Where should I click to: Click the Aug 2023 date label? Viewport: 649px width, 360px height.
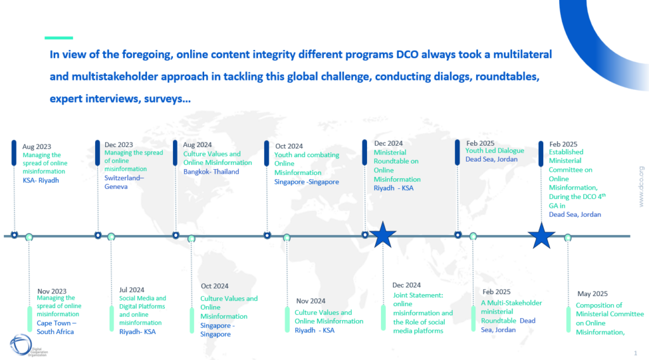[x=37, y=146]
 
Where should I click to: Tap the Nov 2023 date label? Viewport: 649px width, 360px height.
[x=52, y=292]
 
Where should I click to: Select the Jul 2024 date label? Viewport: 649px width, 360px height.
[x=132, y=290]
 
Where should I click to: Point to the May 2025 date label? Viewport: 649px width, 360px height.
[x=593, y=294]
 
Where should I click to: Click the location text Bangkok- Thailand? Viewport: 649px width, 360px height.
[x=211, y=172]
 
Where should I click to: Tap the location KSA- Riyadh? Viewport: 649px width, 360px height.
[x=41, y=181]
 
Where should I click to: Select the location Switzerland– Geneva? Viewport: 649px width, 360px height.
[x=124, y=182]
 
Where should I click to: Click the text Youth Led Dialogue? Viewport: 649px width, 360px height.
[x=494, y=151]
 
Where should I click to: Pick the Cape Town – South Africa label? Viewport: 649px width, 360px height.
[x=56, y=327]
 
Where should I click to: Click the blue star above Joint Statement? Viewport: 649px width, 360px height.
[x=382, y=235]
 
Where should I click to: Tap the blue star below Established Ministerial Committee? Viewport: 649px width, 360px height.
[x=541, y=236]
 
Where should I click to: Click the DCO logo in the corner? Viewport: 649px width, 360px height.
[x=21, y=344]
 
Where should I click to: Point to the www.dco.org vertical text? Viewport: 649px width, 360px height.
[x=641, y=186]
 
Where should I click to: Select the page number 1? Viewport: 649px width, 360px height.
[x=635, y=353]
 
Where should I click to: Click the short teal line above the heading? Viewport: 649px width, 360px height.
[x=59, y=38]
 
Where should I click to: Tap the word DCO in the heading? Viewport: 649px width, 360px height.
[x=408, y=55]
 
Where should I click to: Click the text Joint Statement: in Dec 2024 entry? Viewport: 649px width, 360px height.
[x=418, y=295]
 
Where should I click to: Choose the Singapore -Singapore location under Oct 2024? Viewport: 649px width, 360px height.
[x=306, y=182]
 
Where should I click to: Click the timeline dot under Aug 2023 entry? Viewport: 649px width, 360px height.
[x=15, y=235]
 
